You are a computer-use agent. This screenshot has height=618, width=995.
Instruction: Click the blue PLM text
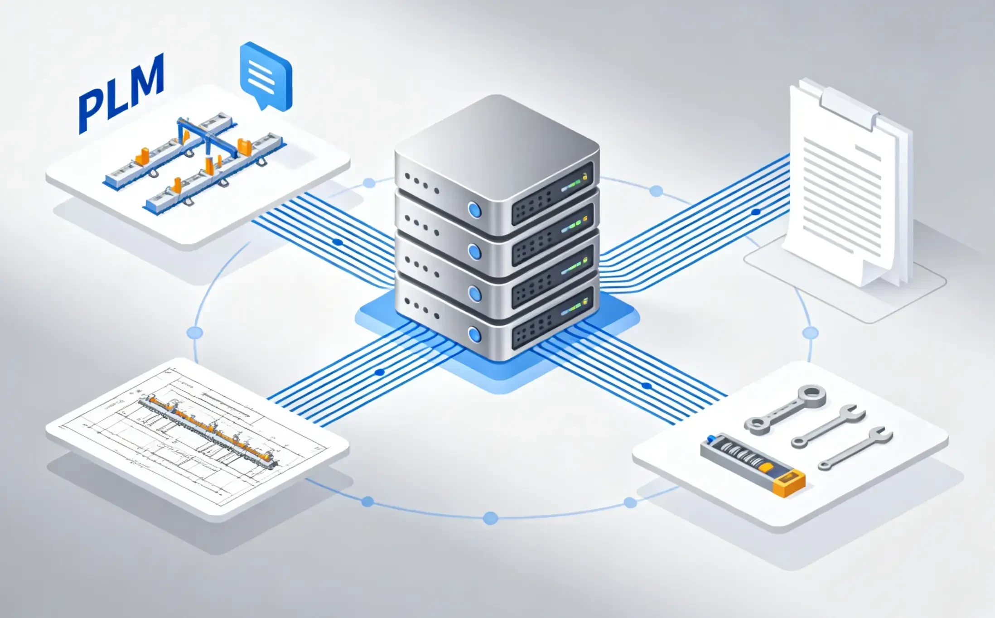coord(121,93)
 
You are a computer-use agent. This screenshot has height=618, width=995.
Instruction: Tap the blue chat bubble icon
coord(266,75)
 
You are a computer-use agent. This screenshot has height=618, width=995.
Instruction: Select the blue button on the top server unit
coord(474,210)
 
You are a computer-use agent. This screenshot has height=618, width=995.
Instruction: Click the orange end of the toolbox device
coord(789,483)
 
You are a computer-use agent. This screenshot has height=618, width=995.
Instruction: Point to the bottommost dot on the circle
coord(490,518)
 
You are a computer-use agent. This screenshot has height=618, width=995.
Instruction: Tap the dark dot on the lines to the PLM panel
coord(338,242)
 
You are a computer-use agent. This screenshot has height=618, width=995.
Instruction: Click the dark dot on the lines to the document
coord(755,212)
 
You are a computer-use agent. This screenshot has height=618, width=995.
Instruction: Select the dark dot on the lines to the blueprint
coord(380,372)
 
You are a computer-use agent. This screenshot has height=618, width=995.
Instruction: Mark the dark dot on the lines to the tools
coord(647,386)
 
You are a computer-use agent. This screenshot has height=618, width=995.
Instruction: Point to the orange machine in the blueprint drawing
coord(208,428)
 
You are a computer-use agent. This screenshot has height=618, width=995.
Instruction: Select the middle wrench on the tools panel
coord(828,426)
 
